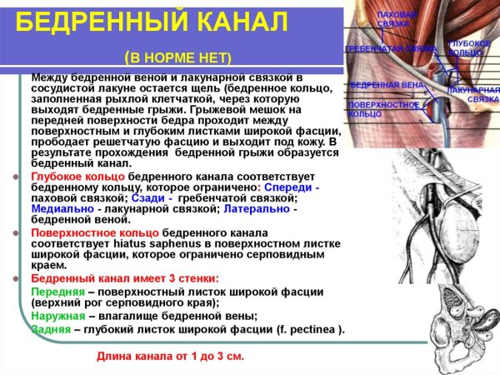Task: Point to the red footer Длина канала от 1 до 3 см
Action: tap(171, 356)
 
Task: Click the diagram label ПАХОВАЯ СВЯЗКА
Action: tap(393, 19)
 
